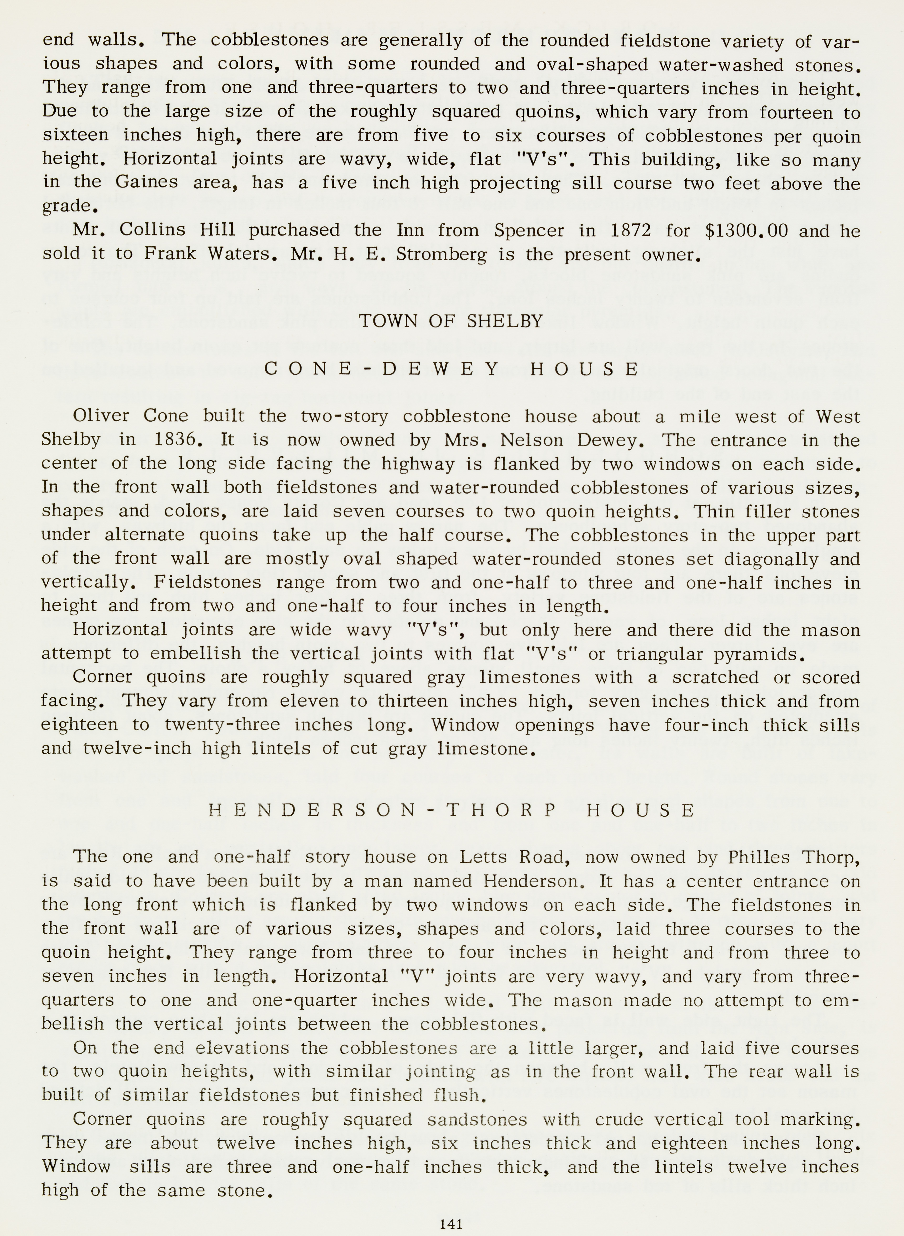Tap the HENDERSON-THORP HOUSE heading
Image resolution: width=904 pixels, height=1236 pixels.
coord(452,810)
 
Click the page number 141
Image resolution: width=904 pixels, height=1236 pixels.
coord(451,1223)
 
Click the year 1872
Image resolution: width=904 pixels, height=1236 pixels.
coord(630,230)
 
